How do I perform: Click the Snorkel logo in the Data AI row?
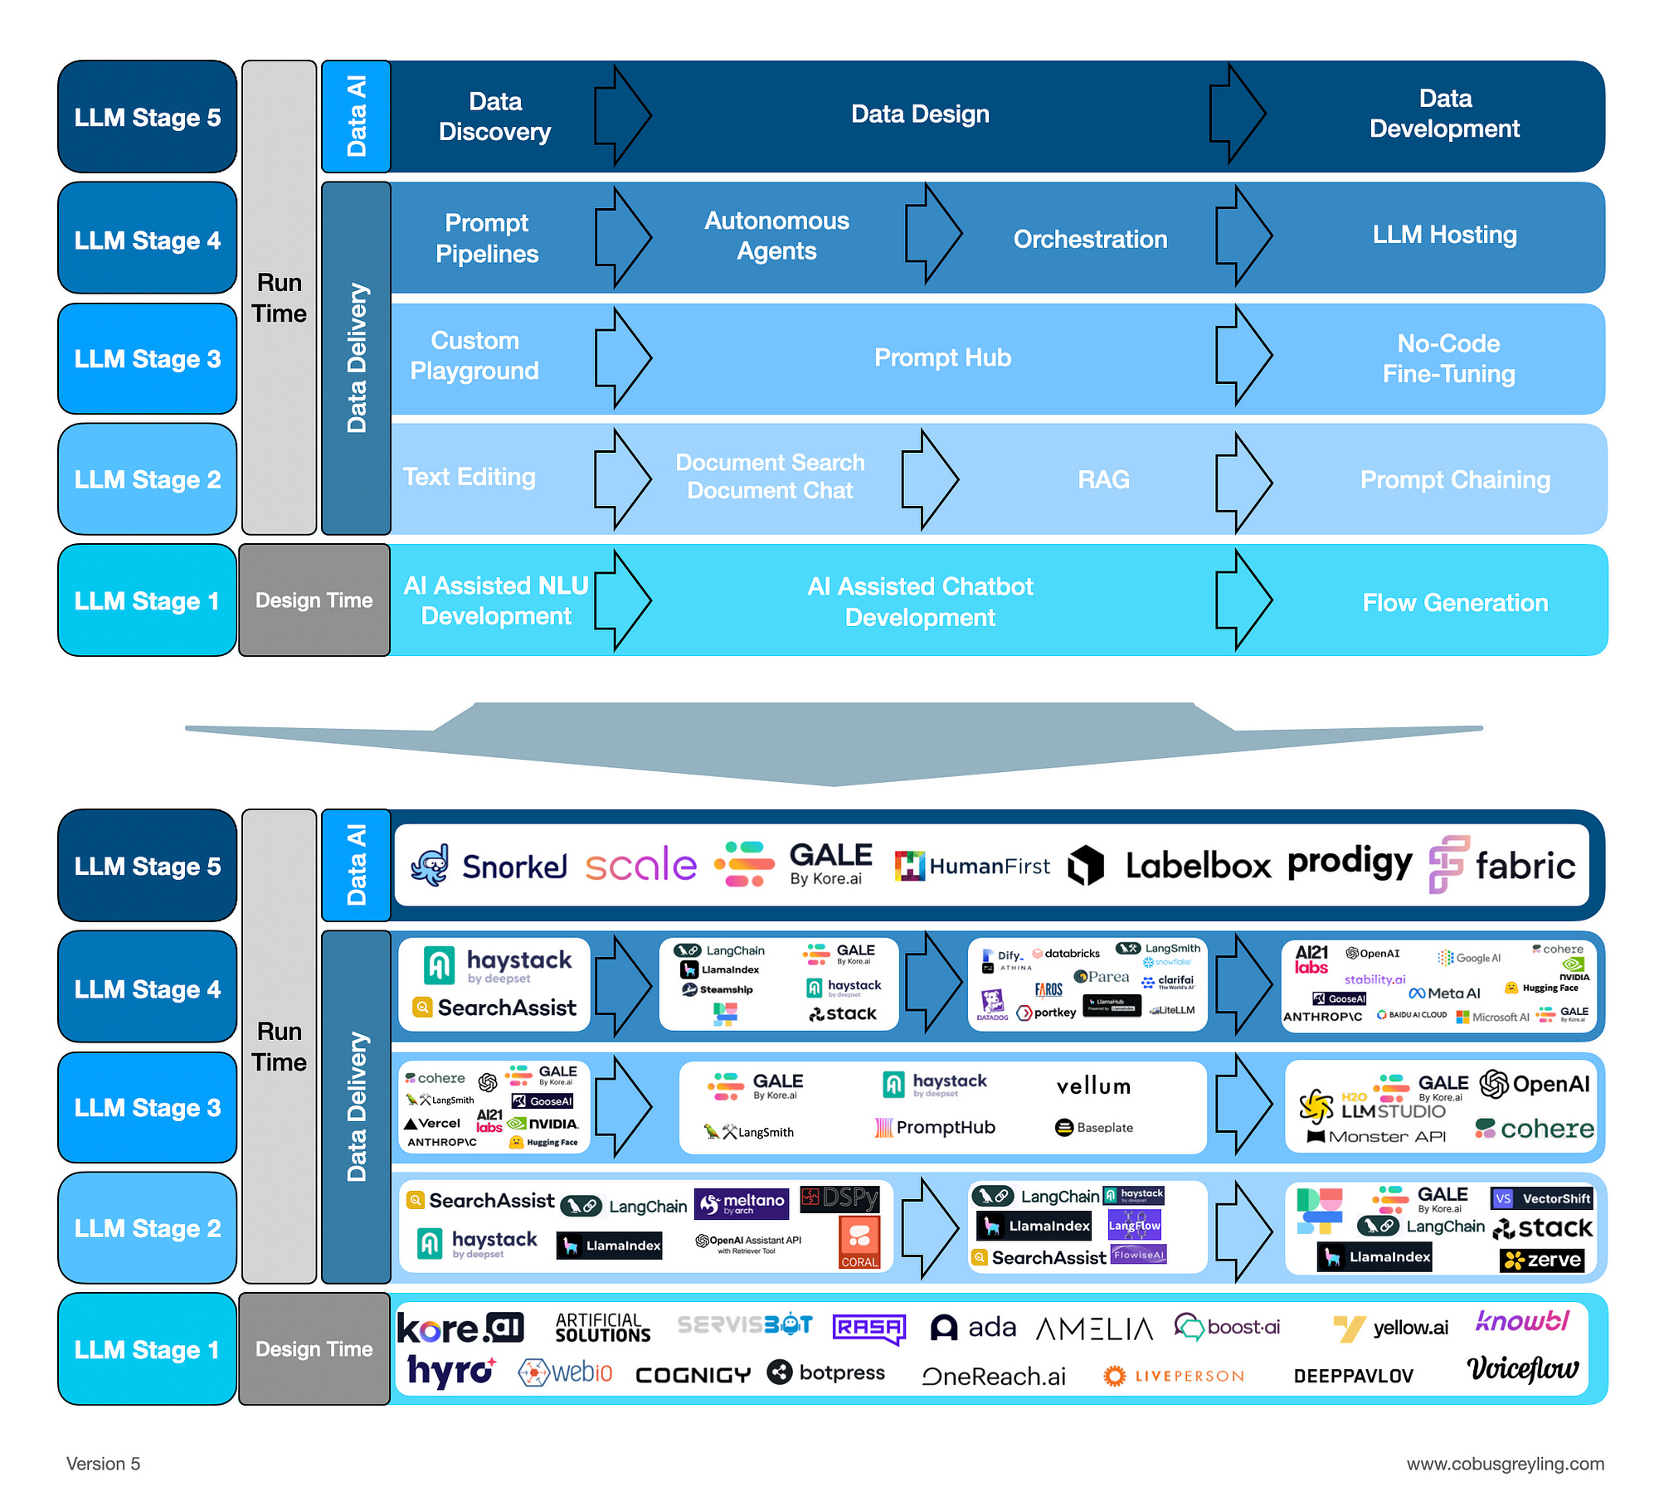pos(489,866)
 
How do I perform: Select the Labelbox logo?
pos(1170,866)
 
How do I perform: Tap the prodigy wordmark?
pos(1350,862)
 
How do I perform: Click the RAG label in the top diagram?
pos(1103,479)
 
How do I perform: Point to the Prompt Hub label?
pos(942,357)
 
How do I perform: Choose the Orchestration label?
pos(1090,239)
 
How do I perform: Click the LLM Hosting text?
pos(1444,235)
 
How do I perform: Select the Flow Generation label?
pos(1455,602)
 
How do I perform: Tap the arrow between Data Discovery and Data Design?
pos(623,115)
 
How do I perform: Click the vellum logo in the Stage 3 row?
pos(1093,1086)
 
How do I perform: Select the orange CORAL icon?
pos(859,1241)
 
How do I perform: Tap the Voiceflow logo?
pos(1522,1368)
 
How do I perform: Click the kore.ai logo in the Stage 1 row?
pos(460,1328)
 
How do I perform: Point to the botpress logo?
pos(826,1372)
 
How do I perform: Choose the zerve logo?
pos(1542,1261)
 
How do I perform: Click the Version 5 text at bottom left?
pos(104,1464)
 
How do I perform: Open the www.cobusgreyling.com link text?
pos(1505,1464)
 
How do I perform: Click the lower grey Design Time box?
pos(314,1349)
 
